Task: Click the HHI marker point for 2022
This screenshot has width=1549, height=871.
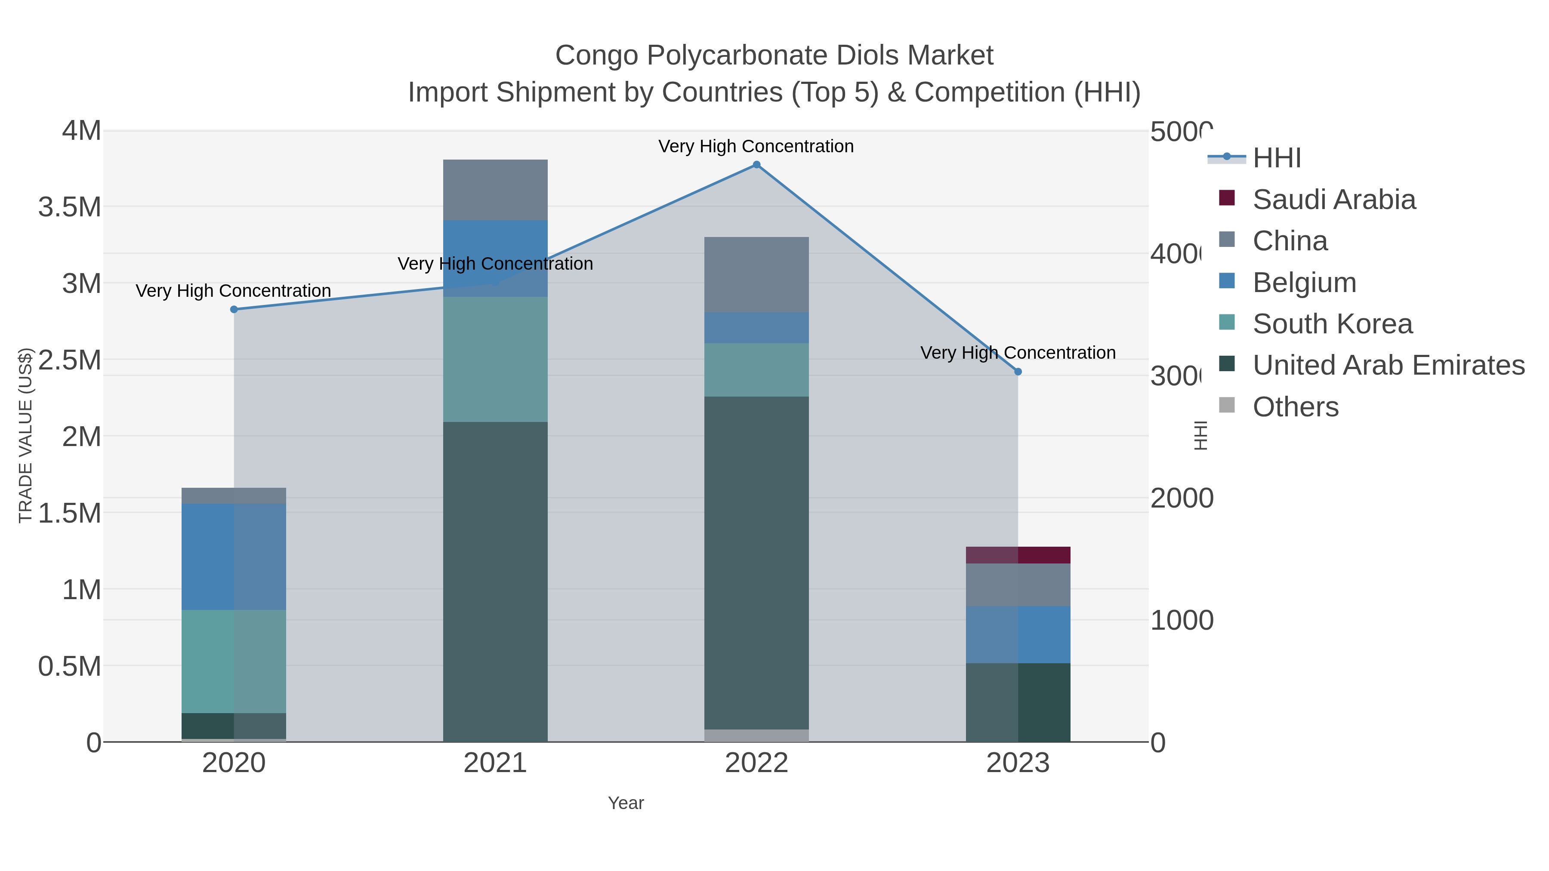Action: point(756,165)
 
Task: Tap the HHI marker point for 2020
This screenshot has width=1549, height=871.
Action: point(234,310)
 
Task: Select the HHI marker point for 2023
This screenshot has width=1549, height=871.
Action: point(1018,372)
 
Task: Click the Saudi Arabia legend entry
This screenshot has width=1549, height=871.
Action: point(1334,200)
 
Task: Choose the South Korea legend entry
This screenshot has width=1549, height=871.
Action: point(1332,324)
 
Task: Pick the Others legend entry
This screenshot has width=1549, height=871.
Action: point(1295,407)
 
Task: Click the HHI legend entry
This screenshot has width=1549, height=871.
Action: point(1277,158)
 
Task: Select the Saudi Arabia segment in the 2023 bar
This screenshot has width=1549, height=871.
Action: point(1018,555)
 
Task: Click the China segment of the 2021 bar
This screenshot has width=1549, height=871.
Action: point(495,190)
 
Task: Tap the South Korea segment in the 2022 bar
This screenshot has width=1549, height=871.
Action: point(756,369)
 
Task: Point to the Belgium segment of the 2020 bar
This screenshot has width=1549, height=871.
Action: point(234,557)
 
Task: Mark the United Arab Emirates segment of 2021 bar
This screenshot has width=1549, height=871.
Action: point(495,581)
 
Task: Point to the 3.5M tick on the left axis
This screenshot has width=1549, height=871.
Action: point(70,207)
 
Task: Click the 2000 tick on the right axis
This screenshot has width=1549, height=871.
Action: point(1182,499)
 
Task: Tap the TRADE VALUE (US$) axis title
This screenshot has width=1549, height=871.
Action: point(25,435)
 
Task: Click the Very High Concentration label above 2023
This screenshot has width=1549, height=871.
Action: point(1018,353)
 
